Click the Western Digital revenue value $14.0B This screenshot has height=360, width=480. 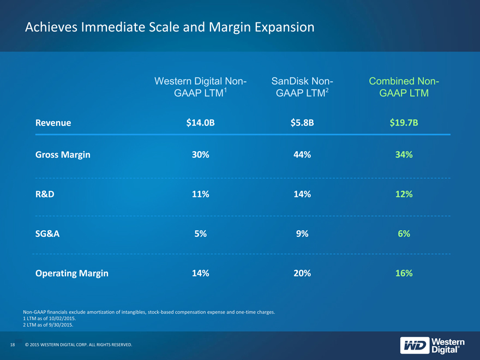[201, 123]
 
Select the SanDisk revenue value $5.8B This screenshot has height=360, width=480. [302, 123]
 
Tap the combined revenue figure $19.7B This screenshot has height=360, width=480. [404, 123]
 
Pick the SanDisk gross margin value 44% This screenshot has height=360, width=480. [302, 154]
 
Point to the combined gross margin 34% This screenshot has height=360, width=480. [404, 154]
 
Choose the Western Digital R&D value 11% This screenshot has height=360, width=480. [201, 194]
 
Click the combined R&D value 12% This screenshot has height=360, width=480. [404, 194]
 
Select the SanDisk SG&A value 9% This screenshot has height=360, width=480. [302, 233]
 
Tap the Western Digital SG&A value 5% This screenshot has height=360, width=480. [201, 233]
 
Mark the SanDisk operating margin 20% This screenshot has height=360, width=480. [302, 273]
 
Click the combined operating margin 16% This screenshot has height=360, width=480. [404, 273]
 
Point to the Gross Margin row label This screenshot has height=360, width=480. [63, 155]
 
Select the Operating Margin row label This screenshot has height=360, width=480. [72, 273]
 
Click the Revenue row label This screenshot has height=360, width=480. [53, 123]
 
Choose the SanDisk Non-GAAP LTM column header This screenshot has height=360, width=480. [302, 87]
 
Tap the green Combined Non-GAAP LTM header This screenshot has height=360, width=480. [404, 87]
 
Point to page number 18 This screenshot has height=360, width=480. [13, 345]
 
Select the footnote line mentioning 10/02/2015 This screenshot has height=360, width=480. [49, 319]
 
